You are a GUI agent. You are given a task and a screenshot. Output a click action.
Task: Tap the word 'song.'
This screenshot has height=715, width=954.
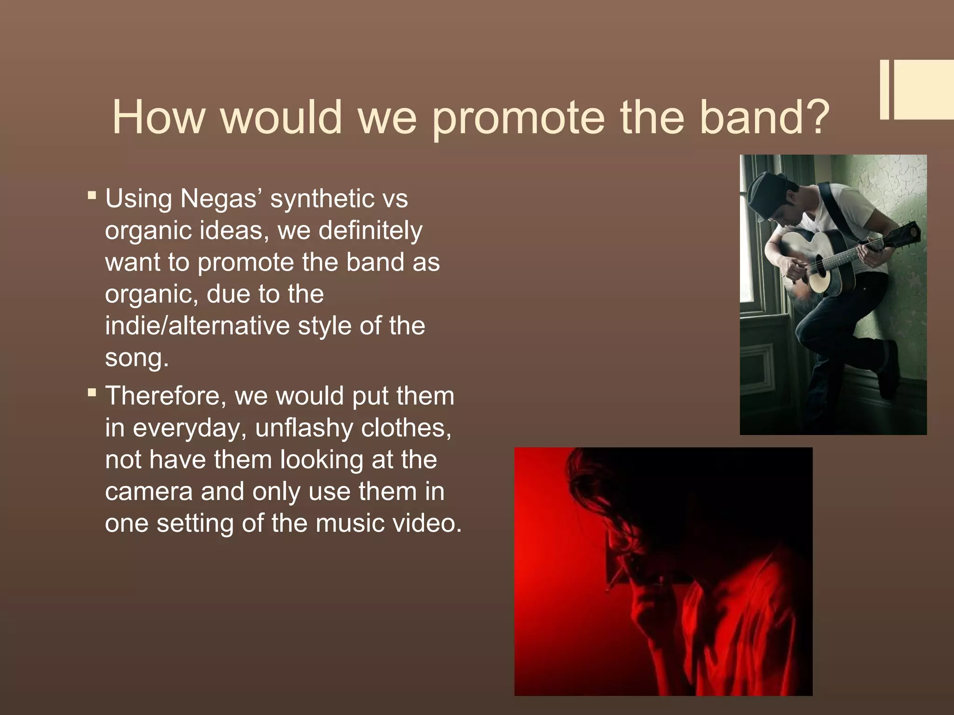click(136, 357)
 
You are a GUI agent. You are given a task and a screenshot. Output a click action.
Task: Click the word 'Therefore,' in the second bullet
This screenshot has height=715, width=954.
click(165, 396)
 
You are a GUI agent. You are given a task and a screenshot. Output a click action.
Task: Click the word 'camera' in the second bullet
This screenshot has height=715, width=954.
click(149, 492)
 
